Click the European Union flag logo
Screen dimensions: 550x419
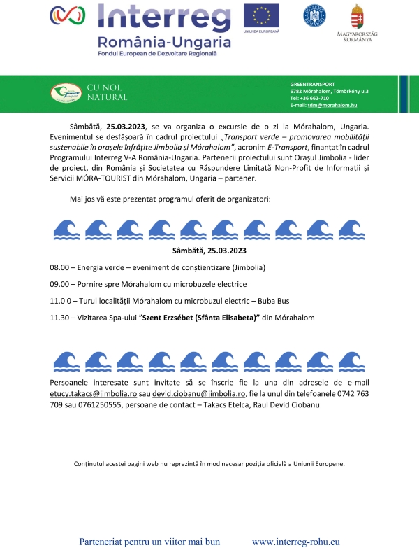coord(261,16)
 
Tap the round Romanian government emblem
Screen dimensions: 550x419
coord(314,15)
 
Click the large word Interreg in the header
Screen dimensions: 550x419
coord(166,18)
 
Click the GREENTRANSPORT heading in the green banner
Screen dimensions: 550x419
coord(312,84)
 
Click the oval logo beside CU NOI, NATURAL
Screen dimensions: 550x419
coord(66,92)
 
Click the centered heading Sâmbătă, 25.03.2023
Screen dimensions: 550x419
coord(209,250)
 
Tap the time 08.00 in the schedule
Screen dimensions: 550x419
coord(59,268)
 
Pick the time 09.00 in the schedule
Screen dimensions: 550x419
coord(59,284)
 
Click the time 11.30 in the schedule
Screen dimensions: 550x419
coord(59,318)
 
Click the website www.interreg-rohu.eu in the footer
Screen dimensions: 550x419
coord(295,542)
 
